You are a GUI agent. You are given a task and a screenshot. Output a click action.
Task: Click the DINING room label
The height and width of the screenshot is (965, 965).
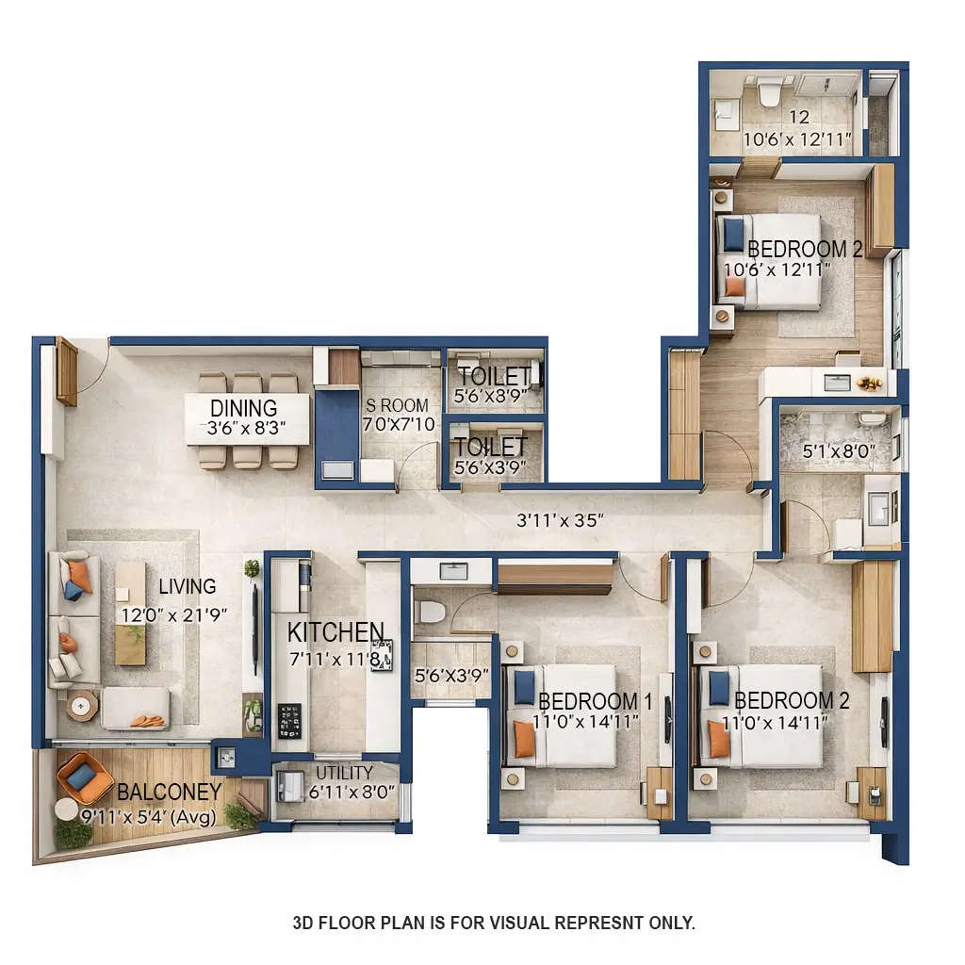click(x=243, y=408)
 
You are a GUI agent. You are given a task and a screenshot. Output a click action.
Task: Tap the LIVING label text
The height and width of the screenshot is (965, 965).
click(x=187, y=586)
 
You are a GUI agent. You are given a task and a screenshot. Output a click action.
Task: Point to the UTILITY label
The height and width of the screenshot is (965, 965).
click(x=344, y=774)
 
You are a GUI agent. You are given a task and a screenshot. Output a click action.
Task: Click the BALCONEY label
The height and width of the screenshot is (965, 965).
click(x=169, y=792)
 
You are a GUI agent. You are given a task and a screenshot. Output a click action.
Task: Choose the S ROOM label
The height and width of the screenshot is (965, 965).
click(x=397, y=405)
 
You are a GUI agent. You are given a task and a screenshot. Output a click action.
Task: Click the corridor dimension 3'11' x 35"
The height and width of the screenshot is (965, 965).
click(x=560, y=519)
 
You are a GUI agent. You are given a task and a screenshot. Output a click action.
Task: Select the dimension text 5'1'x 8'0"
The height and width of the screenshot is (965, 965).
click(x=839, y=451)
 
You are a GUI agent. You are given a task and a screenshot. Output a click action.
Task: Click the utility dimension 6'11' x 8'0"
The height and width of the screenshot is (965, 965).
click(x=352, y=793)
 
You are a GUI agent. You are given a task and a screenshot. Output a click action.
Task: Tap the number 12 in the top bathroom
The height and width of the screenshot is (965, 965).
click(x=799, y=118)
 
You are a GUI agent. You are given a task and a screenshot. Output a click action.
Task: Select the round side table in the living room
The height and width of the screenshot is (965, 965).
click(x=82, y=705)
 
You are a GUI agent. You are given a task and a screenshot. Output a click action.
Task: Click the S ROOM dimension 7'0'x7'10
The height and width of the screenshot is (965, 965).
click(x=399, y=424)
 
